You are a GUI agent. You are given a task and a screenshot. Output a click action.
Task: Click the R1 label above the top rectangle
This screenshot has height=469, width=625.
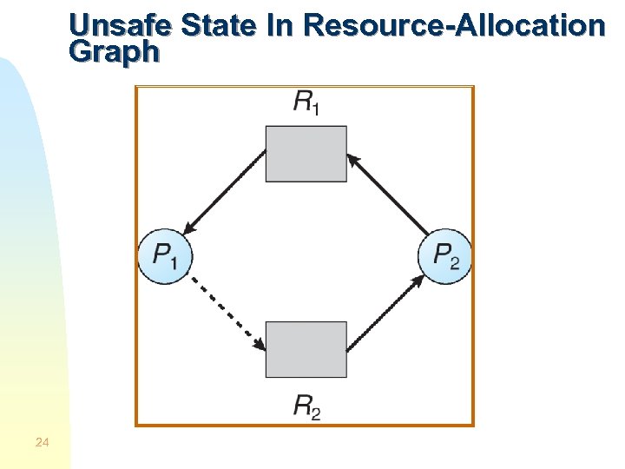tap(306, 103)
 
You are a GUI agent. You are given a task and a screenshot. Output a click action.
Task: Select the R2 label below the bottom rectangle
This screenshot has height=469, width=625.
tap(306, 406)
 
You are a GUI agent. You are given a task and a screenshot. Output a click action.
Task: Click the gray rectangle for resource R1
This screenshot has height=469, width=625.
tap(306, 154)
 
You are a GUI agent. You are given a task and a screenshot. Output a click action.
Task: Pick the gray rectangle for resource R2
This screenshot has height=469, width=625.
tap(306, 349)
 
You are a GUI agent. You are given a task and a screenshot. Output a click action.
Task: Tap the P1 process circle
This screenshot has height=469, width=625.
tap(165, 257)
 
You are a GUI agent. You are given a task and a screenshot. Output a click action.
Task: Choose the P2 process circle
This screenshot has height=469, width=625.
tap(445, 257)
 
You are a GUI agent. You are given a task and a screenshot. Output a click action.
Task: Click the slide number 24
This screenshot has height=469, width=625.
tap(43, 444)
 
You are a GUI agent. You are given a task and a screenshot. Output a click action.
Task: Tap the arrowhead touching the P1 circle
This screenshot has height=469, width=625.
tap(189, 228)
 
